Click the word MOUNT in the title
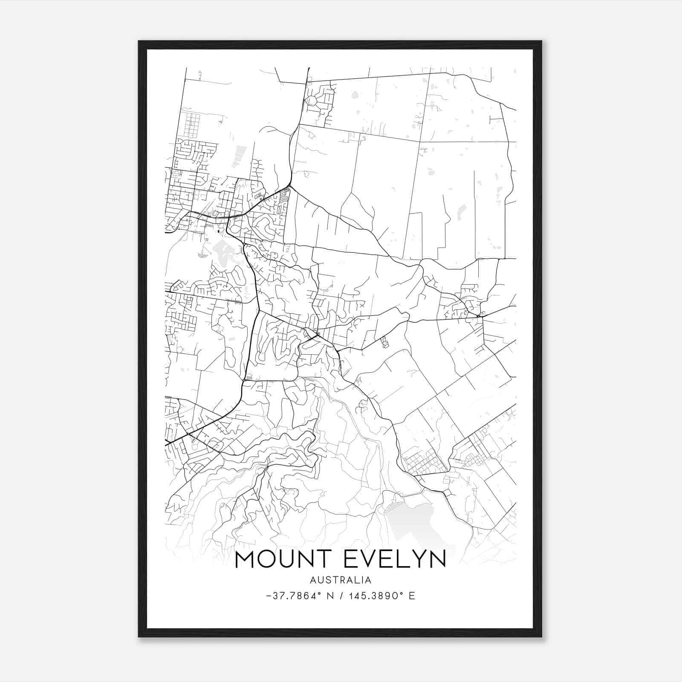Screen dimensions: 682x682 [x=285, y=559]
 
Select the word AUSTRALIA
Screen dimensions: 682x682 [x=341, y=580]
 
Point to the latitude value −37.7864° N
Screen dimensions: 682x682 [x=295, y=596]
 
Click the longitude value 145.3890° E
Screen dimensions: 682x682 [x=381, y=596]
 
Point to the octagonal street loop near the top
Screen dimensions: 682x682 [x=312, y=101]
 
